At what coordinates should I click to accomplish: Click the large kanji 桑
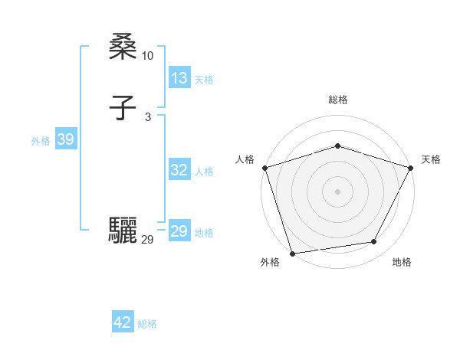[x=123, y=47]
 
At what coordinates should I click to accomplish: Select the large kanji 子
[x=123, y=109]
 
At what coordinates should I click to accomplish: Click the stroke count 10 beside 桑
[x=148, y=56]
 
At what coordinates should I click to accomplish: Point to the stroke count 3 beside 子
[x=148, y=117]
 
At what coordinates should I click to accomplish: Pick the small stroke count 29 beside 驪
[x=148, y=240]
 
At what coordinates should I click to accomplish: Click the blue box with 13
[x=179, y=78]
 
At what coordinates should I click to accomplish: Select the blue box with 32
[x=179, y=170]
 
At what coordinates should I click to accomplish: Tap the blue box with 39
[x=66, y=139]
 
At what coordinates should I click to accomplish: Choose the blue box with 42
[x=123, y=322]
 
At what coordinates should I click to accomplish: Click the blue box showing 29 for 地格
[x=179, y=231]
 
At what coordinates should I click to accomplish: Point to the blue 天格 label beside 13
[x=204, y=80]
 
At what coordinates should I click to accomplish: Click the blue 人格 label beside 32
[x=204, y=172]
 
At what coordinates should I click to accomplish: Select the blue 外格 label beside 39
[x=41, y=141]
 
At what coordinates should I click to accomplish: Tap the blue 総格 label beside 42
[x=147, y=324]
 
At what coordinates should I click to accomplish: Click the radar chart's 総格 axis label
[x=338, y=100]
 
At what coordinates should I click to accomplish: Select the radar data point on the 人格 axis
[x=264, y=168]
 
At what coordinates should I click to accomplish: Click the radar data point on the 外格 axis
[x=293, y=253]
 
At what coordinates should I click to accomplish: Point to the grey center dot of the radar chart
[x=338, y=191]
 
